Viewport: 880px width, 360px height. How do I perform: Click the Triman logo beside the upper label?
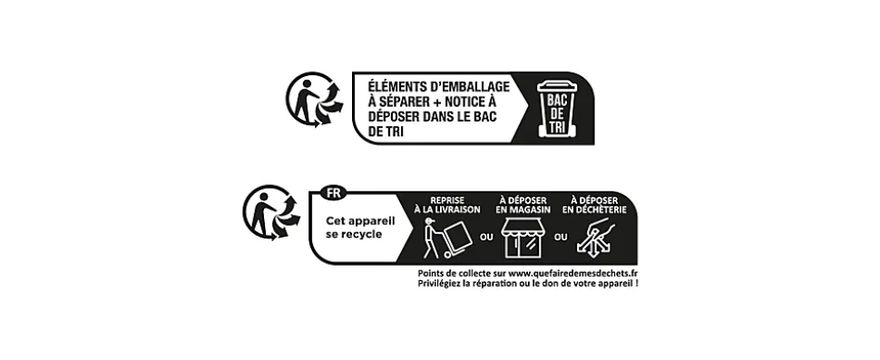314,100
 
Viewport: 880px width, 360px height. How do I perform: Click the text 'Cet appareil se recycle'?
354,227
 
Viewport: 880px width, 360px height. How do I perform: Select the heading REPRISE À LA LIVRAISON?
446,203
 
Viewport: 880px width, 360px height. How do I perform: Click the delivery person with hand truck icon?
445,238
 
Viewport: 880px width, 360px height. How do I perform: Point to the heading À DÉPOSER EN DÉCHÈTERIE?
594,203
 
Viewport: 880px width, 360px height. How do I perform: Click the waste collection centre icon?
596,238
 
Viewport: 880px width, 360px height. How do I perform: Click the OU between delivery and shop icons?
484,238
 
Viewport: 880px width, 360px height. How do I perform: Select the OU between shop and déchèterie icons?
560,238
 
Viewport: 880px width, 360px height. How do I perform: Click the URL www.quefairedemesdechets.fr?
573,273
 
